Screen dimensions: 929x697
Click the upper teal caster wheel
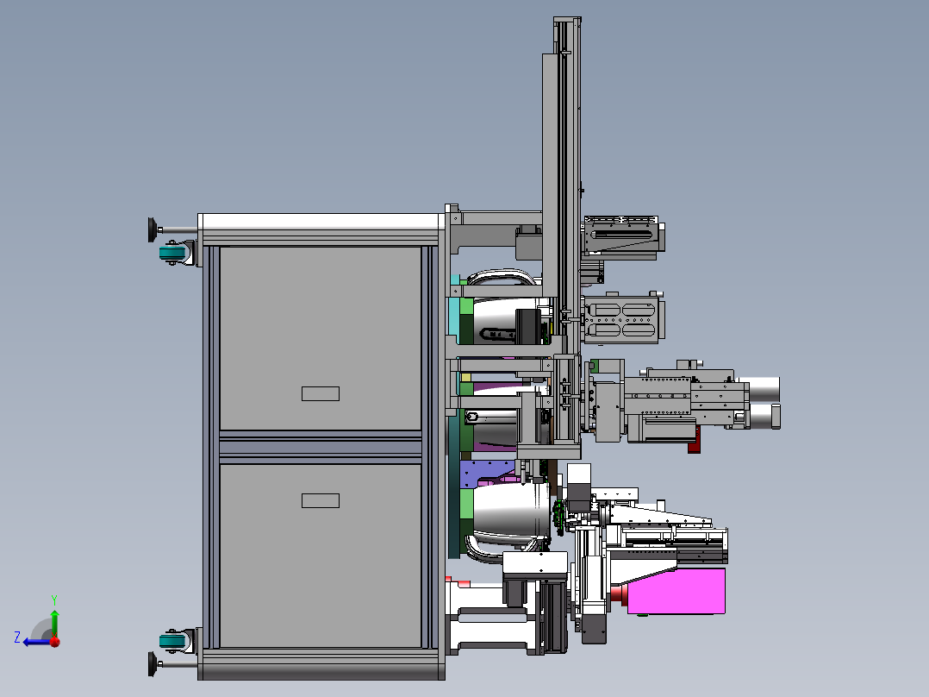pos(172,254)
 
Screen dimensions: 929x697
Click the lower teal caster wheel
pos(172,641)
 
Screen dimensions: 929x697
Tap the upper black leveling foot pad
pos(152,230)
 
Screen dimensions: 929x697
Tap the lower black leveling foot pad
pos(152,664)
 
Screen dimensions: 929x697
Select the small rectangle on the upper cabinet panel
pos(321,394)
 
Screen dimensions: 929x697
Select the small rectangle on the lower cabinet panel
pos(321,500)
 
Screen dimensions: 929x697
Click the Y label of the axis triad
pos(54,600)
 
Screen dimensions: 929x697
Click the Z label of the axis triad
pos(17,637)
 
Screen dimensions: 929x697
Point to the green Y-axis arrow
pos(54,622)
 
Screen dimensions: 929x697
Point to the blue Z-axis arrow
pos(37,642)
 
